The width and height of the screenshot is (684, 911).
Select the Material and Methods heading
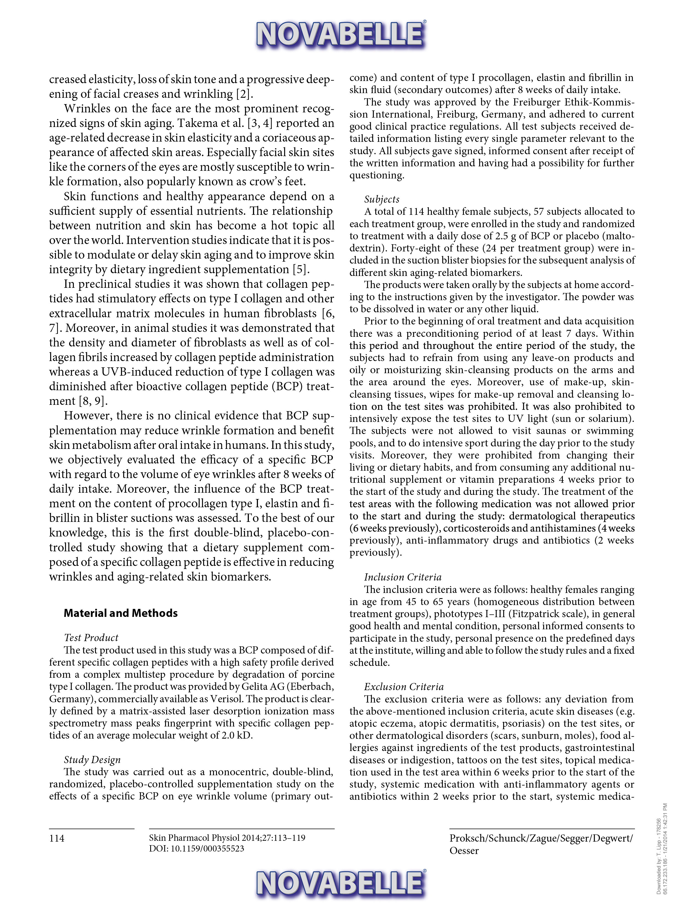121,613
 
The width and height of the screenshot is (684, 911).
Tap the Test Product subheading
91,638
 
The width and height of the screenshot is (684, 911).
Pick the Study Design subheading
92,760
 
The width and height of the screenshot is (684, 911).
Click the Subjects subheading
382,199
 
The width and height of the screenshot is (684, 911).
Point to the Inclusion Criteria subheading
403,577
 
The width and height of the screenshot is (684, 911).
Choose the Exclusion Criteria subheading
404,687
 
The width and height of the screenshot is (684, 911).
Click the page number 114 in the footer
56,839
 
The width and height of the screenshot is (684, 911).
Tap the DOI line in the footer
196,848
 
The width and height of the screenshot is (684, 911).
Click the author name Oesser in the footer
464,851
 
